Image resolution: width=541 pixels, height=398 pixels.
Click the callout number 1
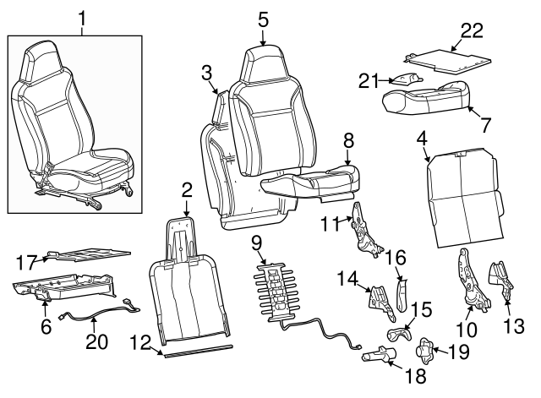coord(82,17)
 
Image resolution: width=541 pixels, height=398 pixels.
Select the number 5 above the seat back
coord(263,19)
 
